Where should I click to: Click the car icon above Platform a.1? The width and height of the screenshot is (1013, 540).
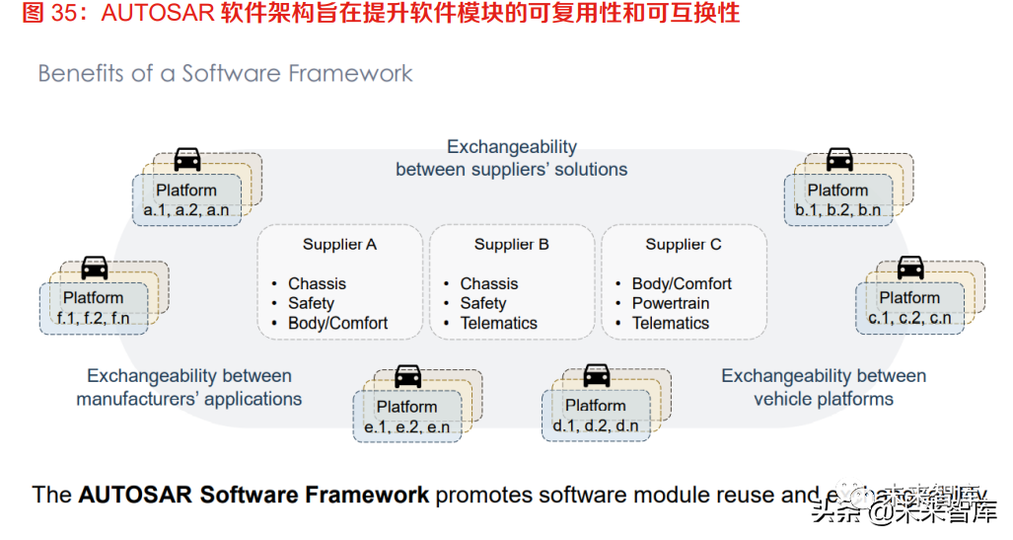point(187,159)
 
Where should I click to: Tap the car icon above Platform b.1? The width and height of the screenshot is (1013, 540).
point(839,159)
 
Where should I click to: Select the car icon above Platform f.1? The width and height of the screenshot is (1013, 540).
point(95,267)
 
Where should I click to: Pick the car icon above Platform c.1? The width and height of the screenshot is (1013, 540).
point(910,267)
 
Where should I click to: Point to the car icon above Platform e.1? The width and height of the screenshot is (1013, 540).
point(408,375)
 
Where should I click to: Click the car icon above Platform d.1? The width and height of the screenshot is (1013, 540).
point(597,375)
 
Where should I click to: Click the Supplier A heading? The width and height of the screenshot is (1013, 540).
point(339,245)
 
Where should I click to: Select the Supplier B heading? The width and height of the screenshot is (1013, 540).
point(511,245)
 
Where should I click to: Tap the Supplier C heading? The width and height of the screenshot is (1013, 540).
point(684,245)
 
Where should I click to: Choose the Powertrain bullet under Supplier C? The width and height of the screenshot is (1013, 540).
point(671,303)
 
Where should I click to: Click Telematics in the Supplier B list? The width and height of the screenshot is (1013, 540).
point(499,323)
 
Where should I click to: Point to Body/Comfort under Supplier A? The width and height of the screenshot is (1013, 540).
point(337,323)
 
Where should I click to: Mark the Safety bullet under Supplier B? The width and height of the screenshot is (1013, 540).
point(483,303)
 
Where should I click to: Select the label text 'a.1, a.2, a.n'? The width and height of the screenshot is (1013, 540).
point(186,210)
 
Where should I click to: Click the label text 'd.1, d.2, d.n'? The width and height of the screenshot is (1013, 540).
point(596,425)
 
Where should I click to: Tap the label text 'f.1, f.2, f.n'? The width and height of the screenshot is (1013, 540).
point(94,318)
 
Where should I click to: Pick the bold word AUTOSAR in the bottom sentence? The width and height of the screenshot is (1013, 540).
point(137,495)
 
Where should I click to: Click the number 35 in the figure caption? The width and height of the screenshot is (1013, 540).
point(63,13)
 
